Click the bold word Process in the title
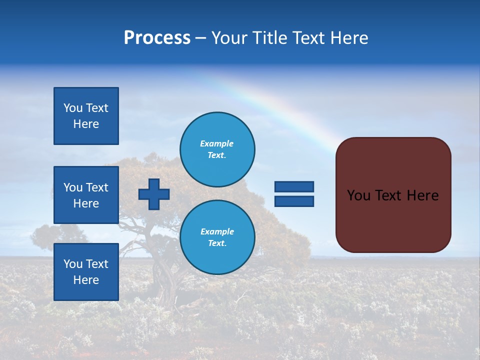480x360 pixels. click(x=157, y=38)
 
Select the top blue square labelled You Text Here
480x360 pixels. click(x=86, y=116)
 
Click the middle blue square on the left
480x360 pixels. click(x=86, y=195)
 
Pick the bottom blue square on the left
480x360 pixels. click(x=86, y=271)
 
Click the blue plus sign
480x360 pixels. click(x=154, y=194)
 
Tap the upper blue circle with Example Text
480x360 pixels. click(x=217, y=149)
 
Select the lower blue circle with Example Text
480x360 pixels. click(x=217, y=237)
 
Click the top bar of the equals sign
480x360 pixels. click(x=294, y=187)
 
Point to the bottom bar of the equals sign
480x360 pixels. click(x=294, y=201)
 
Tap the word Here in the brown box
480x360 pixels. click(x=422, y=195)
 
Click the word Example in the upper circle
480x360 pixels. click(x=217, y=143)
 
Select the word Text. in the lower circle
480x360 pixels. click(x=217, y=243)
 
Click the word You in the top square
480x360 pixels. click(x=73, y=108)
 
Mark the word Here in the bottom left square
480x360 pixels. click(x=86, y=280)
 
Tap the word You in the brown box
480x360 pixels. click(x=358, y=195)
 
